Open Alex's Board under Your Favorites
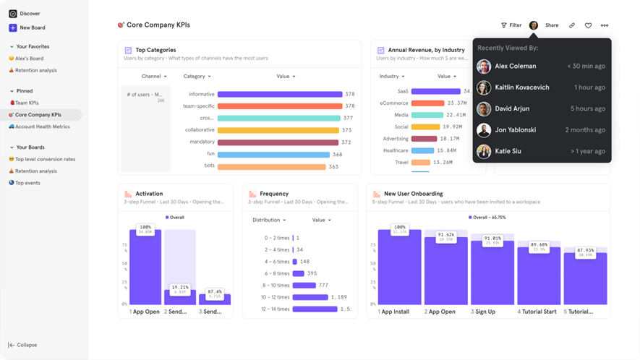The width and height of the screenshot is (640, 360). [x=29, y=59]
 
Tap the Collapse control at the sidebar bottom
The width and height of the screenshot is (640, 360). [x=22, y=345]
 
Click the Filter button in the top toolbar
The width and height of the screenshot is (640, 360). [x=511, y=25]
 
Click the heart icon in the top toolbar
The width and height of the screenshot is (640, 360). [x=588, y=25]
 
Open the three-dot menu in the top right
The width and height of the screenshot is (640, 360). [x=605, y=25]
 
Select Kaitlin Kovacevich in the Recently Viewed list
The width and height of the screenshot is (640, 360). [x=521, y=87]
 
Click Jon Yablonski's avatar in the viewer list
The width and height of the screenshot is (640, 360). [x=484, y=130]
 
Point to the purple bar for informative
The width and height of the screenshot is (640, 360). [x=279, y=94]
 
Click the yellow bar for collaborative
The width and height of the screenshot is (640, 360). [x=278, y=130]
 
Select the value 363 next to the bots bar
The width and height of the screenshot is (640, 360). [x=333, y=167]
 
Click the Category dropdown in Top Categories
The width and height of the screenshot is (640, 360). [x=197, y=76]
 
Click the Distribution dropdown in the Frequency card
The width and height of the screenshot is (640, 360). [x=269, y=220]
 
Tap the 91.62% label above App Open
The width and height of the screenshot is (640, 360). [x=446, y=235]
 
